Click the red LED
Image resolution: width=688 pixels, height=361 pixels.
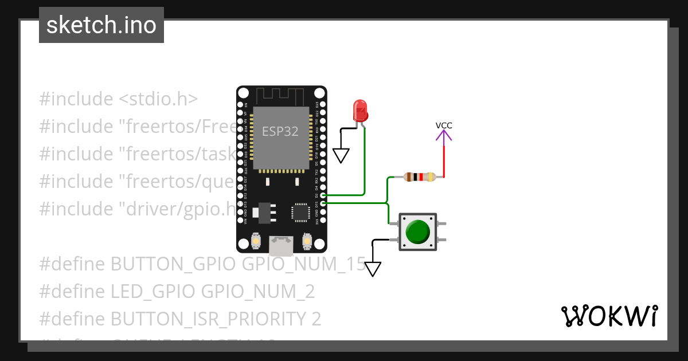pos(360,109)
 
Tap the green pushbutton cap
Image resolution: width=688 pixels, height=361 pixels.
pos(417,231)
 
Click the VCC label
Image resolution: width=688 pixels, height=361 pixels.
pos(443,125)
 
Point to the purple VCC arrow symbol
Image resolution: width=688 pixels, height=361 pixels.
pos(443,135)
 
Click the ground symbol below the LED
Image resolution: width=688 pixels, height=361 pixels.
pos(341,155)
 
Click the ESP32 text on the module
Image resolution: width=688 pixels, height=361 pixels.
pos(280,131)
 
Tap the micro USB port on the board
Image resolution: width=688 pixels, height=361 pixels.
pos(281,246)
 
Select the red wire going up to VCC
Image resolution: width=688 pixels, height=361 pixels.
pos(443,160)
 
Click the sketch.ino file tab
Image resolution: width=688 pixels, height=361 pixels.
pos(101,25)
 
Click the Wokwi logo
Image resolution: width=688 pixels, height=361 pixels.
pos(609,316)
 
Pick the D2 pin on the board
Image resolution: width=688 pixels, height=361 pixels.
pos(323,195)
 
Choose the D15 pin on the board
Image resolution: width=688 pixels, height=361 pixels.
pos(323,203)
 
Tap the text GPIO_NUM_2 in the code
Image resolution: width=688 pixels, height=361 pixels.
pos(258,292)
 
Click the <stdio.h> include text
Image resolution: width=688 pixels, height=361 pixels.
pos(158,99)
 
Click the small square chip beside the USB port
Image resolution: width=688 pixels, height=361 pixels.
pos(300,212)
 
